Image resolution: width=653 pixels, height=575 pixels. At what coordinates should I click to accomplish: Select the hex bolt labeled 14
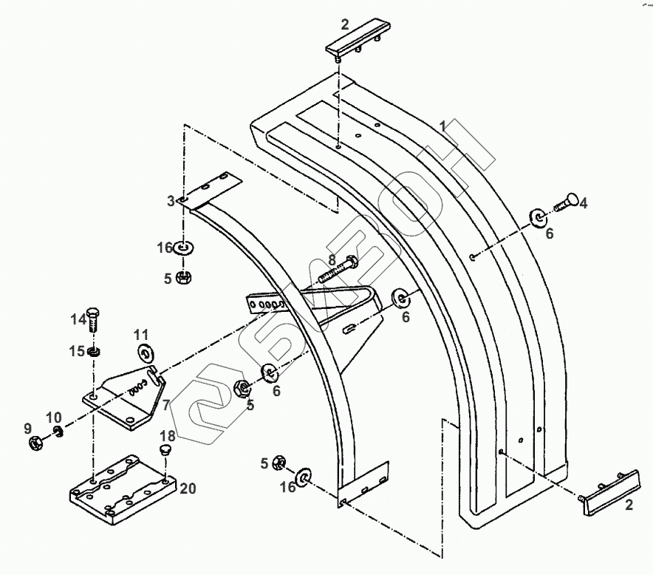94,319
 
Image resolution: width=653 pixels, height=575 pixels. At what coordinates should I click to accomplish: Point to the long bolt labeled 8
337,271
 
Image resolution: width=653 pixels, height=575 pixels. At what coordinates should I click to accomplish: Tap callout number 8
332,259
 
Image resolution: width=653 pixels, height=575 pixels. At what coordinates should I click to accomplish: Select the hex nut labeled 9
33,443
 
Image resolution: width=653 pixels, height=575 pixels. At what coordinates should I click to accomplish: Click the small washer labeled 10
58,432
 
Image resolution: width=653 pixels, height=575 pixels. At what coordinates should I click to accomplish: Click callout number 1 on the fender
442,126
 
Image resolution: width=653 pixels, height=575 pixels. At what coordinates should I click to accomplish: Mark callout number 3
171,200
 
